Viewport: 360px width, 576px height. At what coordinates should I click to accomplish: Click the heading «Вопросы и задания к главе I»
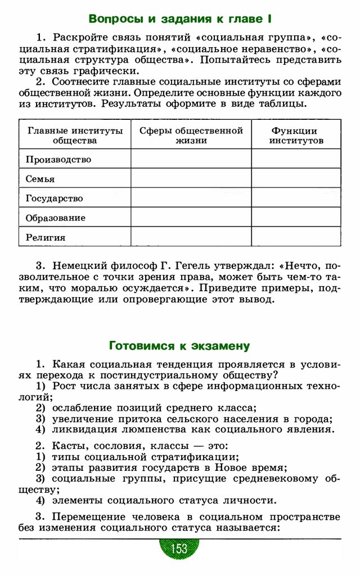pyautogui.click(x=180, y=19)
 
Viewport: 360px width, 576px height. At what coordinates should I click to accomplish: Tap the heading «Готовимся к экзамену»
pyautogui.click(x=179, y=345)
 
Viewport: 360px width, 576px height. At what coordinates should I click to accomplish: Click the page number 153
pyautogui.click(x=179, y=548)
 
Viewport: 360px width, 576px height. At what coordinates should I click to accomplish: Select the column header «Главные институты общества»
pyautogui.click(x=75, y=135)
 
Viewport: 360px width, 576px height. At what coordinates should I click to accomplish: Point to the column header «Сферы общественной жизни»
pyautogui.click(x=191, y=135)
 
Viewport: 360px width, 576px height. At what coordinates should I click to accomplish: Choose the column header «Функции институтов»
pyautogui.click(x=296, y=135)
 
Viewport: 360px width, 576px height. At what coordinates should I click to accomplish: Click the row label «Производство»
pyautogui.click(x=58, y=159)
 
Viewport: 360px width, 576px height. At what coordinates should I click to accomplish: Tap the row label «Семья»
pyautogui.click(x=40, y=179)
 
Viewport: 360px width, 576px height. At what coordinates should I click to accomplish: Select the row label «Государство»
pyautogui.click(x=55, y=198)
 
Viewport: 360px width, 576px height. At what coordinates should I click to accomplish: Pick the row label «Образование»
pyautogui.click(x=56, y=218)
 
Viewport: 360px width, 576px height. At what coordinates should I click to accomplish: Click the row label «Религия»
pyautogui.click(x=46, y=237)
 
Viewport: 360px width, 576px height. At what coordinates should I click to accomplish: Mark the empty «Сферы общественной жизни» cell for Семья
pyautogui.click(x=191, y=178)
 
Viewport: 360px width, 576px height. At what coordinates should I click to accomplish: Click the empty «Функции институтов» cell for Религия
pyautogui.click(x=296, y=237)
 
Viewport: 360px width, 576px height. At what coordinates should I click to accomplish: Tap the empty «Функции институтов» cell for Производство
pyautogui.click(x=296, y=159)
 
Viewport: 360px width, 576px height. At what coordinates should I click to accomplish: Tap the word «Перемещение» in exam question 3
pyautogui.click(x=91, y=516)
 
